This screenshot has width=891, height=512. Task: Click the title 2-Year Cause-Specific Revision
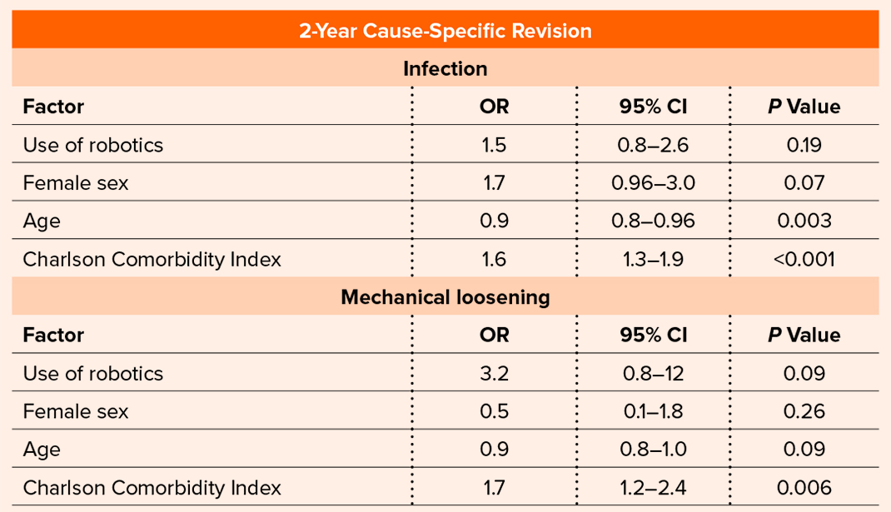pyautogui.click(x=445, y=32)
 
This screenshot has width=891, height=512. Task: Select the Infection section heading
pyautogui.click(x=445, y=69)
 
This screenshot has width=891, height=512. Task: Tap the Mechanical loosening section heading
pyautogui.click(x=445, y=297)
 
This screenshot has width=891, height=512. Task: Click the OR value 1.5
pyautogui.click(x=494, y=145)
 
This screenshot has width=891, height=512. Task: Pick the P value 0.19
pyautogui.click(x=804, y=145)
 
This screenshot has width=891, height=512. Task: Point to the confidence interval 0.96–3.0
pyautogui.click(x=653, y=183)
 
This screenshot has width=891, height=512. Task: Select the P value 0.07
pyautogui.click(x=804, y=183)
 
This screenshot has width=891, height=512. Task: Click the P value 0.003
pyautogui.click(x=804, y=221)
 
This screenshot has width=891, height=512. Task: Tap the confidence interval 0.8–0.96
pyautogui.click(x=653, y=221)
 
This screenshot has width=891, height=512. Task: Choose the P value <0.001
pyautogui.click(x=804, y=260)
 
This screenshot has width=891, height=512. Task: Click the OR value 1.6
pyautogui.click(x=494, y=260)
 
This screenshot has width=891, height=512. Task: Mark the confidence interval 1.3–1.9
pyautogui.click(x=653, y=260)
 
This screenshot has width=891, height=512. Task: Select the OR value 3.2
pyautogui.click(x=494, y=374)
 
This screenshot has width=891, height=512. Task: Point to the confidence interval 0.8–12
pyautogui.click(x=653, y=374)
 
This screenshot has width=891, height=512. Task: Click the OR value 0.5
pyautogui.click(x=494, y=411)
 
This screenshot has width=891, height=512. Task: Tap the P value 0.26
pyautogui.click(x=804, y=411)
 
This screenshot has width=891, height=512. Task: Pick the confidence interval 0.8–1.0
pyautogui.click(x=653, y=450)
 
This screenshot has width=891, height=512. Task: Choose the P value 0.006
pyautogui.click(x=804, y=488)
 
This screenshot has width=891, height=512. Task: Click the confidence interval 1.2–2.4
pyautogui.click(x=653, y=488)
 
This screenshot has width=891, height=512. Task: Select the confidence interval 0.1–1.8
pyautogui.click(x=653, y=411)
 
